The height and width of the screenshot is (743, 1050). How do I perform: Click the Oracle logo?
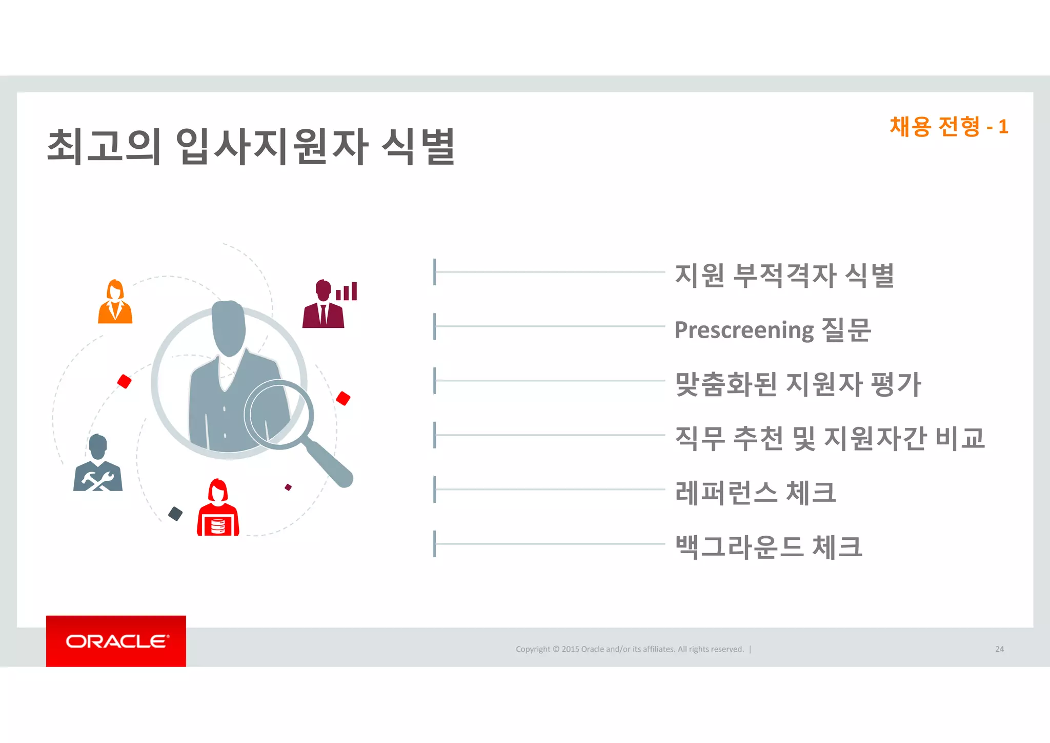(x=116, y=641)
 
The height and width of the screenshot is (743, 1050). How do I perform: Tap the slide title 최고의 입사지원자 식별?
(x=251, y=147)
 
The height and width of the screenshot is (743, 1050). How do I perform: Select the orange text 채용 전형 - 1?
(x=948, y=127)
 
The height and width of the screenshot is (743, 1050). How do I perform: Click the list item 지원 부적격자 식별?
(x=784, y=275)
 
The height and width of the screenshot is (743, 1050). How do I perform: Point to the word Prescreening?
(x=744, y=330)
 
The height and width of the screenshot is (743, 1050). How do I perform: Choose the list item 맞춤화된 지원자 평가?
(x=798, y=384)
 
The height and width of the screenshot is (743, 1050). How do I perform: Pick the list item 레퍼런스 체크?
(x=755, y=493)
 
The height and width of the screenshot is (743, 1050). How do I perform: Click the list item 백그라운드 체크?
(x=769, y=547)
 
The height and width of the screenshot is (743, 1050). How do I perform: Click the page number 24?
(x=999, y=649)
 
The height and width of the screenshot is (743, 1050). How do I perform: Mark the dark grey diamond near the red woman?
(x=175, y=514)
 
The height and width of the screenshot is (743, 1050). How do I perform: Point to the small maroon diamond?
(x=288, y=487)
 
